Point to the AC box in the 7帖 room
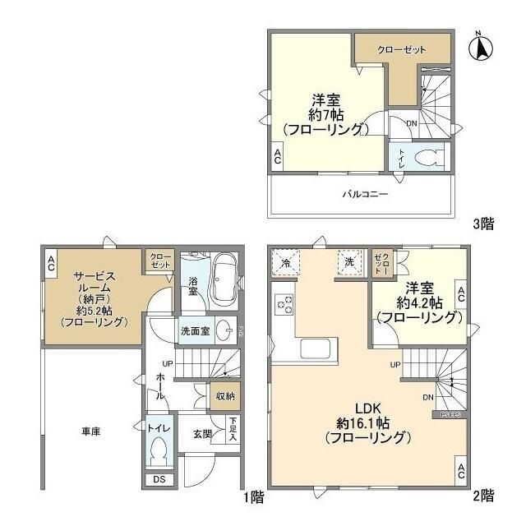tap(278, 157)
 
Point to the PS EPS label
tap(449, 416)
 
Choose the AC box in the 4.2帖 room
tap(461, 293)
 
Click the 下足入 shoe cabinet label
tap(234, 429)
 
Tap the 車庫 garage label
tap(91, 430)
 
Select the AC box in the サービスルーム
tap(51, 263)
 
